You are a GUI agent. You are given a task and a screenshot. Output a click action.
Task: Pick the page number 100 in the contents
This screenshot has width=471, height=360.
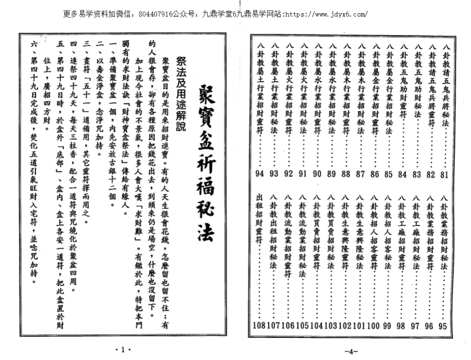373,326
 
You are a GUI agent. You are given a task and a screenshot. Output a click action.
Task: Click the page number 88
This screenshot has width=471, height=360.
346,174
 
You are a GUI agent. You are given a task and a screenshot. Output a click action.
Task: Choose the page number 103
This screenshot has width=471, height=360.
330,326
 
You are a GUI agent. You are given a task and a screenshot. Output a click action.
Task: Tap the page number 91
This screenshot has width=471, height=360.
303,174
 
